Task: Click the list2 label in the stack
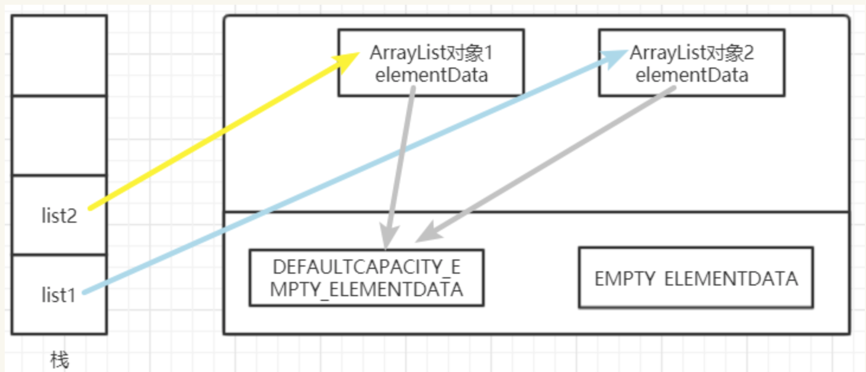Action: [x=59, y=216]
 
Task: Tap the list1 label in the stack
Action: [x=59, y=294]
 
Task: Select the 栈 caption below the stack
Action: [x=59, y=360]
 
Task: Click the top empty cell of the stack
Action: [x=59, y=55]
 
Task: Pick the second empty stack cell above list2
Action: [x=59, y=135]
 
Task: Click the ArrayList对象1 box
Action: [x=431, y=63]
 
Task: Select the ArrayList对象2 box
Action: [x=691, y=63]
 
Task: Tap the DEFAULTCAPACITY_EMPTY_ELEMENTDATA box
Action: [x=366, y=278]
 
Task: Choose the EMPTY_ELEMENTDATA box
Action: [x=695, y=278]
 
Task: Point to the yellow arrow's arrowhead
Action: [x=349, y=59]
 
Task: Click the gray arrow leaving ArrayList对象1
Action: [x=399, y=166]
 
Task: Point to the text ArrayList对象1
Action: [x=431, y=53]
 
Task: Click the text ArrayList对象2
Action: [x=691, y=53]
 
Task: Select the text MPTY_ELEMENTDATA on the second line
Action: [x=366, y=290]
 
